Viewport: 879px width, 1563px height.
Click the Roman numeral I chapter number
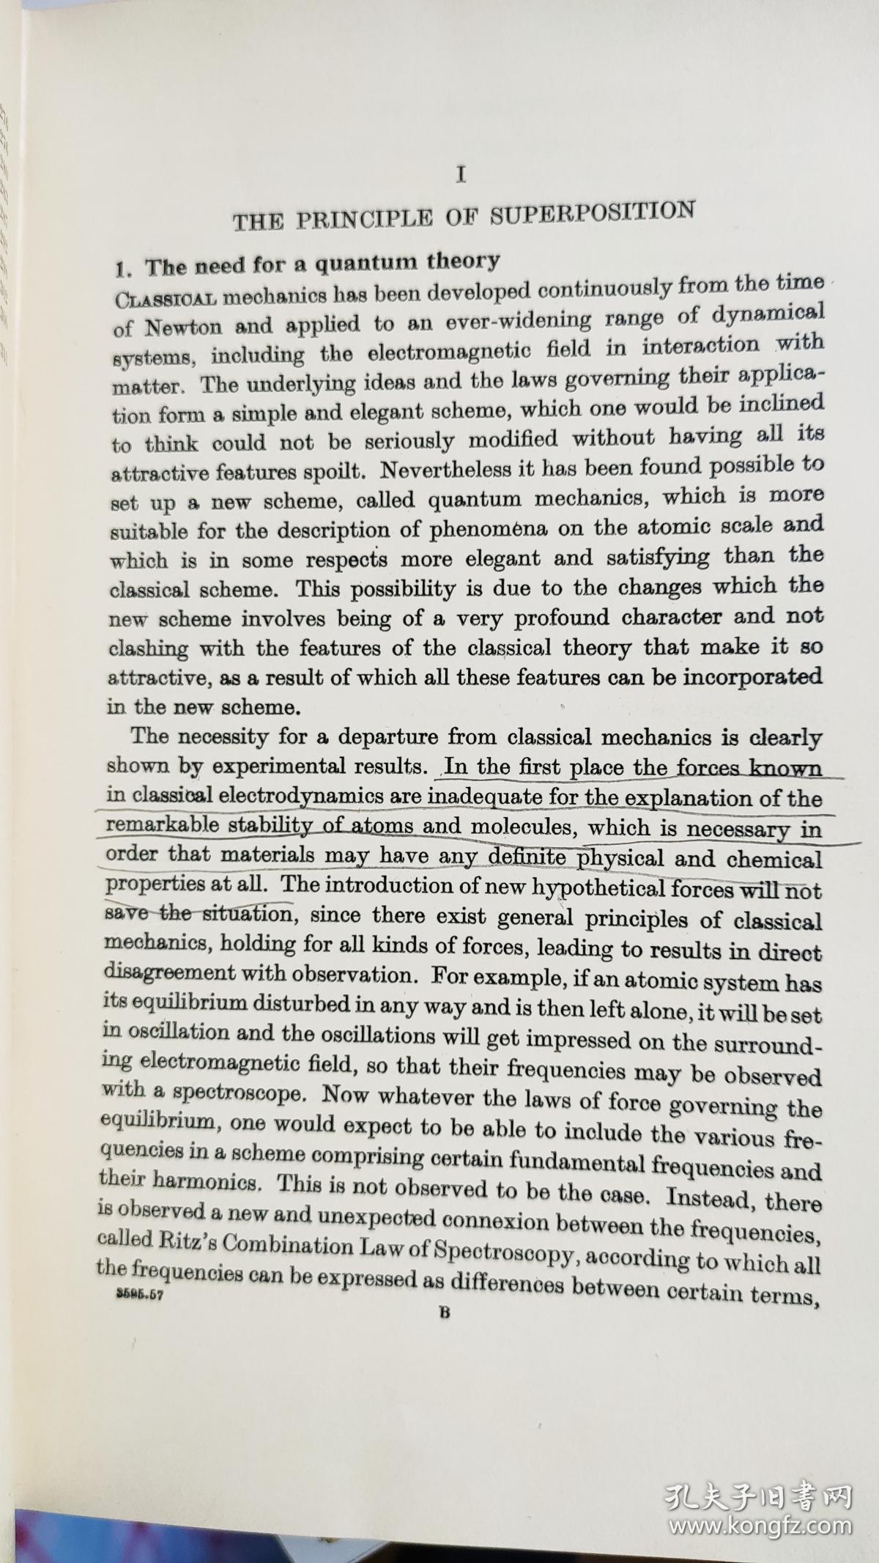point(461,175)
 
